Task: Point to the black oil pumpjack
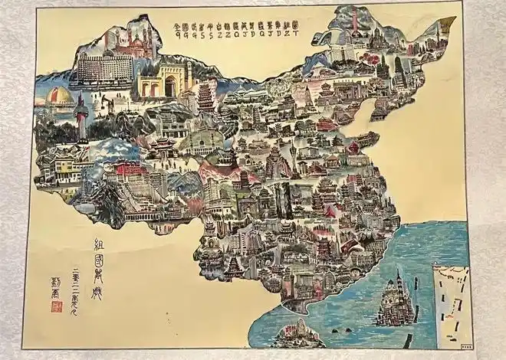click(104, 101)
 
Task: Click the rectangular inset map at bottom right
click(450, 302)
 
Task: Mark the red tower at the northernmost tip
click(354, 23)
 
